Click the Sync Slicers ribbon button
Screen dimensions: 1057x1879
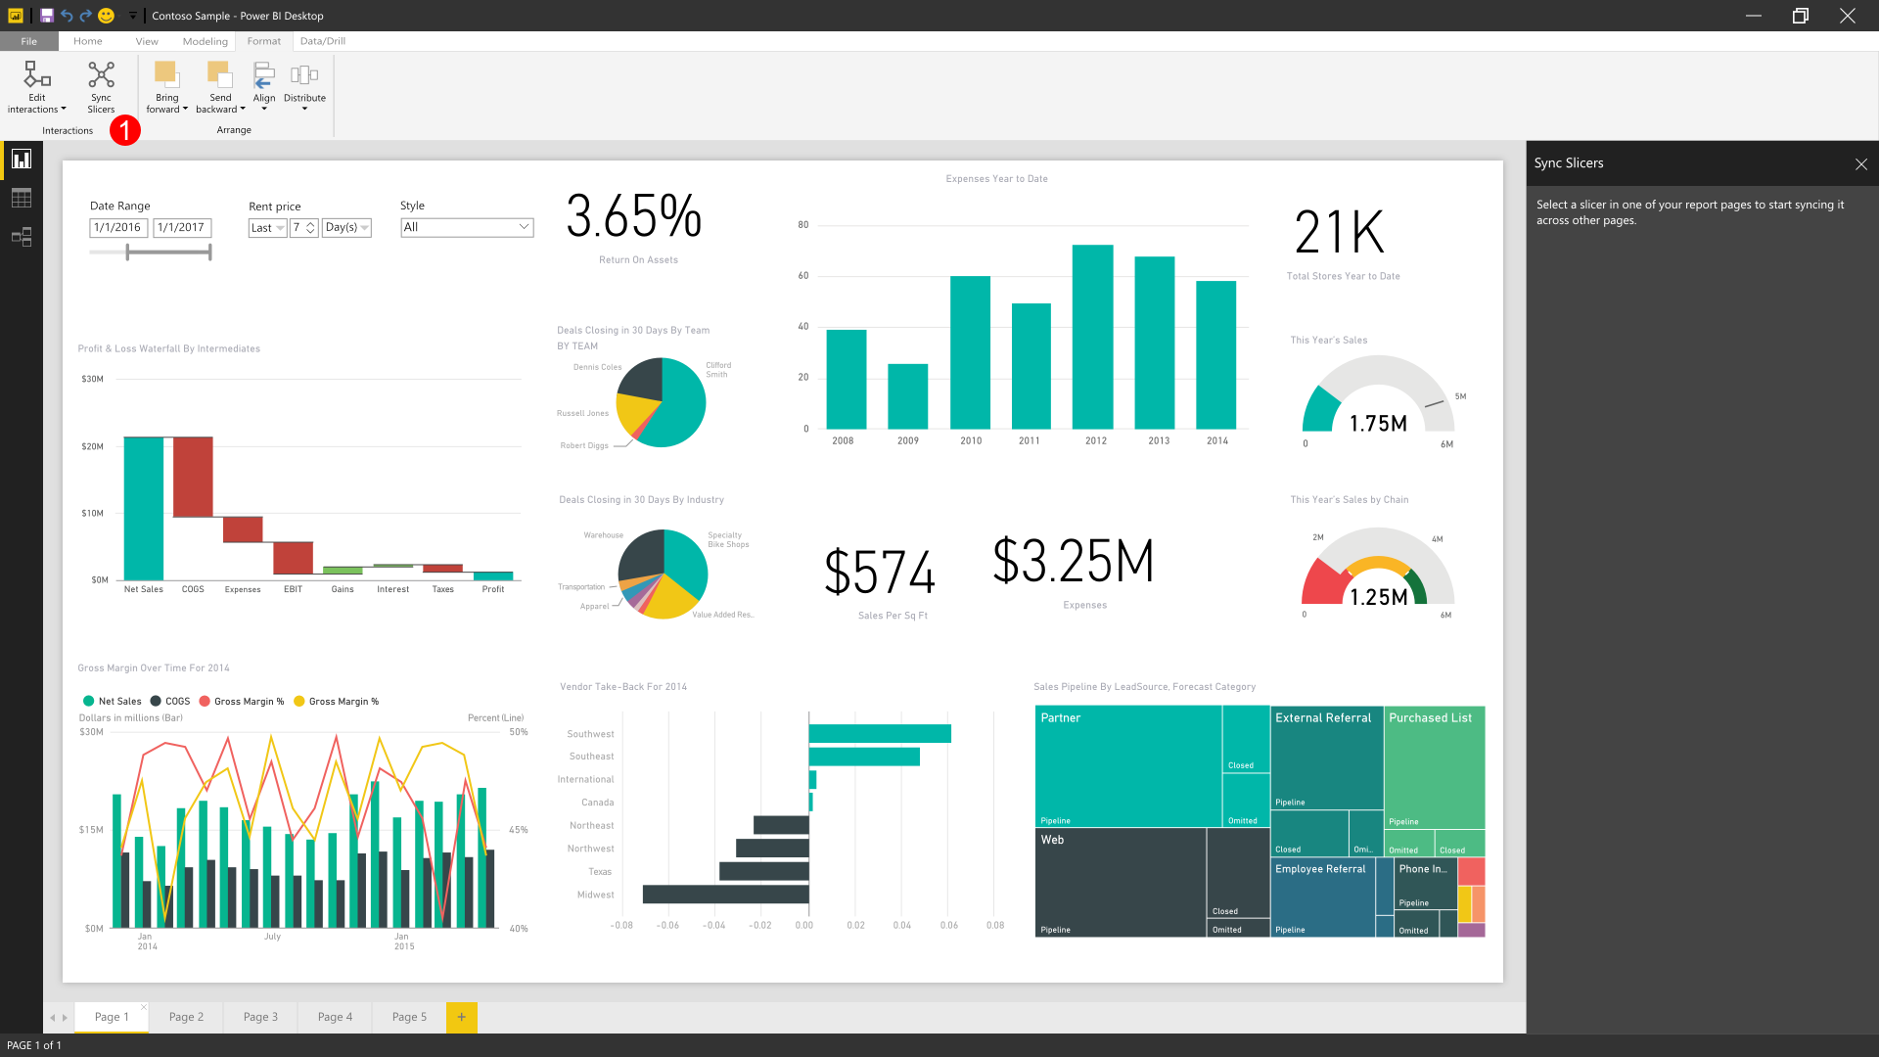(101, 86)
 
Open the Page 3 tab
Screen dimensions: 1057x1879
(260, 1017)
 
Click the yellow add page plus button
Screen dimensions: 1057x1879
(461, 1017)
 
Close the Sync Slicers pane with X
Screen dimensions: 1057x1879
(1860, 164)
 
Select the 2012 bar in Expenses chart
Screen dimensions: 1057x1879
(1092, 337)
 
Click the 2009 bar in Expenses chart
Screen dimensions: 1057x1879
(907, 396)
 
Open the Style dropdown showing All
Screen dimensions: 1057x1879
(467, 227)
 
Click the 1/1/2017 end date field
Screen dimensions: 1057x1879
(181, 227)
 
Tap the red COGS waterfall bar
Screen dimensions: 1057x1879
(193, 477)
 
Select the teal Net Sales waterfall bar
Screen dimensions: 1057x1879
(143, 508)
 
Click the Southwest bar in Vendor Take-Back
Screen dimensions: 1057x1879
(879, 733)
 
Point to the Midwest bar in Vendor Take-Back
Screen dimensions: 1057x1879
(725, 894)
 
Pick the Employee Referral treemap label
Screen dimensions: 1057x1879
(1320, 869)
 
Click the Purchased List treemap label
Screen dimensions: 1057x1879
(1430, 718)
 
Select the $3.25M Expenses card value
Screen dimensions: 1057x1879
(1074, 561)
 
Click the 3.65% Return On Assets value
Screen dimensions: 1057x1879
(634, 216)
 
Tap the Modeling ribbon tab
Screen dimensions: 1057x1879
(205, 41)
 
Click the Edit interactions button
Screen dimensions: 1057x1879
(37, 86)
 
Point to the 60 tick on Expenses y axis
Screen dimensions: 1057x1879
(803, 276)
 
